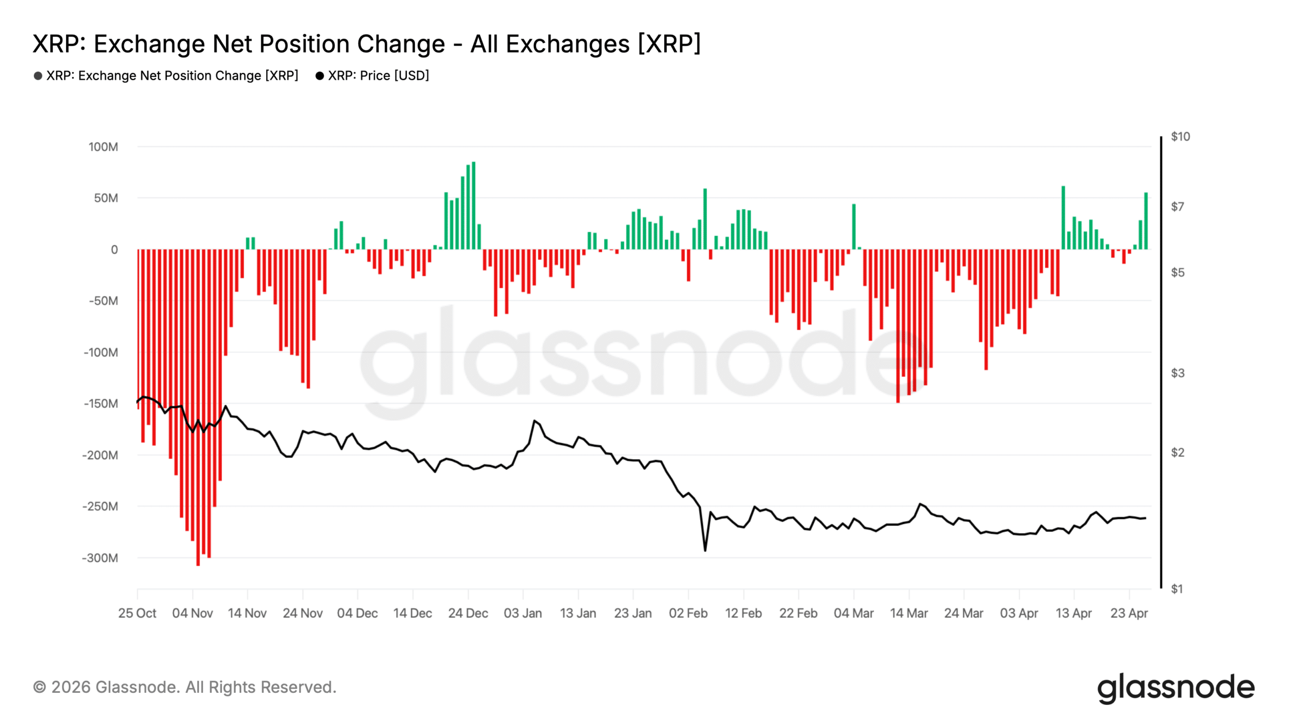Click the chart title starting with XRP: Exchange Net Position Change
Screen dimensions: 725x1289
(367, 44)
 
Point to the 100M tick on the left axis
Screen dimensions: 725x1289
(103, 147)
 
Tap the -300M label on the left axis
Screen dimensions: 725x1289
(100, 558)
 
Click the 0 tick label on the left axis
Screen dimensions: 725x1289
(114, 250)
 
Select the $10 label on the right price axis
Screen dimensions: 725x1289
(1180, 136)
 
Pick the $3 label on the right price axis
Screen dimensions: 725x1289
(1177, 373)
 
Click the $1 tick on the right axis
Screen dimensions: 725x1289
(1177, 589)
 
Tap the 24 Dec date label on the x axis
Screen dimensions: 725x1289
(468, 613)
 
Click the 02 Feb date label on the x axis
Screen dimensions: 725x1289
(688, 613)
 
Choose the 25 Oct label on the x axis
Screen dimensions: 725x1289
(137, 613)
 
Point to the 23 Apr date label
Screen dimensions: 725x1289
(1129, 613)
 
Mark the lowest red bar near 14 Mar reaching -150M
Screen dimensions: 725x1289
(898, 327)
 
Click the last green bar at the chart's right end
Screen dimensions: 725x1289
(1146, 222)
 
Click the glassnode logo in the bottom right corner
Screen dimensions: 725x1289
(1175, 688)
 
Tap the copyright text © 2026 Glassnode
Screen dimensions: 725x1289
(184, 687)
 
